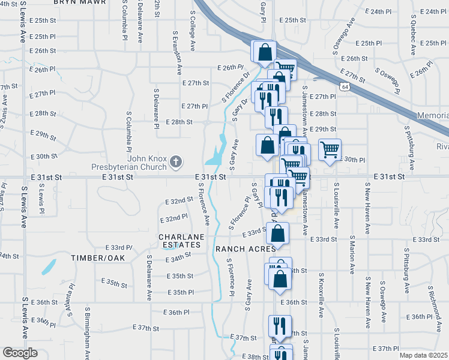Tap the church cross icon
(x=175, y=161)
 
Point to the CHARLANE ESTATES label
(x=179, y=241)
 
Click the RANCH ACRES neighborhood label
(x=244, y=248)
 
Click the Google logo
(x=20, y=353)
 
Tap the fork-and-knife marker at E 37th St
(x=279, y=326)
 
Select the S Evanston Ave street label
(x=178, y=53)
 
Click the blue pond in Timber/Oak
(x=50, y=264)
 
